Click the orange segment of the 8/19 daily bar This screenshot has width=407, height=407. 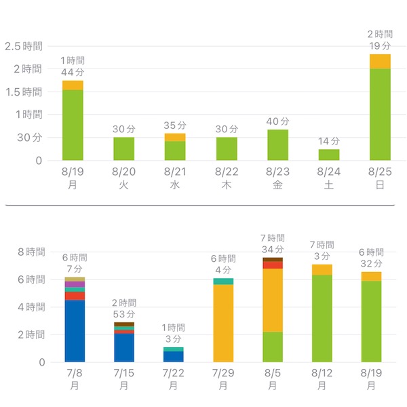73,85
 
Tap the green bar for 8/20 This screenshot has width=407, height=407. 123,149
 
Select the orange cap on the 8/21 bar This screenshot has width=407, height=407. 175,137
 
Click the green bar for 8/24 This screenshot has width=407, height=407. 329,155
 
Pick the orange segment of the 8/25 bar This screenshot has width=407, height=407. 380,61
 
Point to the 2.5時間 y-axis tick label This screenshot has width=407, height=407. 23,46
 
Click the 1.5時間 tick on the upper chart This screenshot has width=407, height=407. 23,92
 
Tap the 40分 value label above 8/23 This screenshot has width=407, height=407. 278,121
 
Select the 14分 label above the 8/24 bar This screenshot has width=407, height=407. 329,141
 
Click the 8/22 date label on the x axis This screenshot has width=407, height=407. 227,172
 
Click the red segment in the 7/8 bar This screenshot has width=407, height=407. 75,296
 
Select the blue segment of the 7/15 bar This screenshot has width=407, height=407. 123,347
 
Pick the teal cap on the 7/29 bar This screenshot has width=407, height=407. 223,281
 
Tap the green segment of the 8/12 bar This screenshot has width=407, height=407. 322,318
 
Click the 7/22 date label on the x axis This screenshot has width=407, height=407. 174,374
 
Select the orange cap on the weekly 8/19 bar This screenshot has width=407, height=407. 371,276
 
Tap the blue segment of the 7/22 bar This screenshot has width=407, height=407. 174,356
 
